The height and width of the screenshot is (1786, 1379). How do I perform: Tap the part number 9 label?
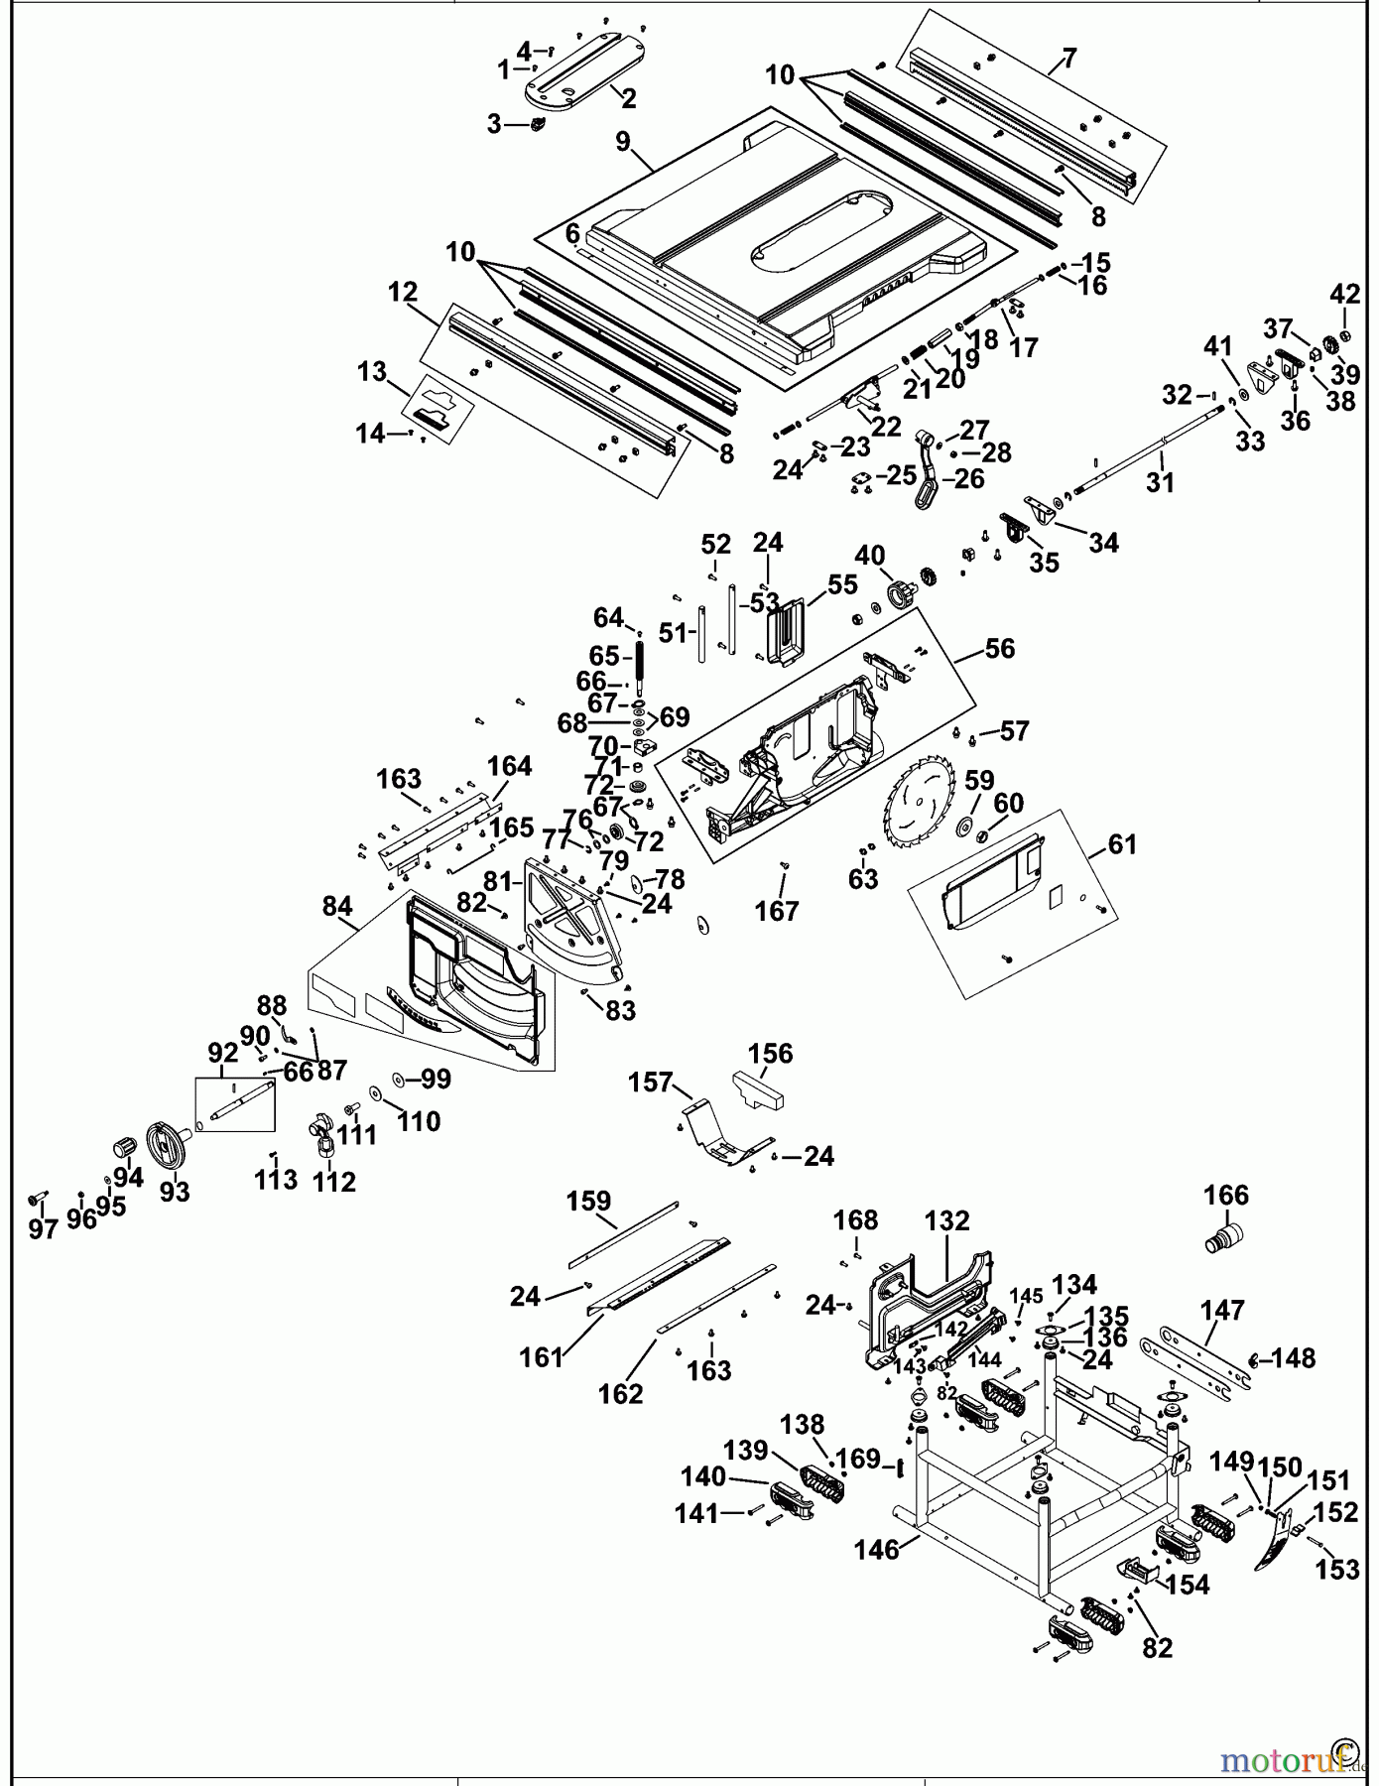point(623,142)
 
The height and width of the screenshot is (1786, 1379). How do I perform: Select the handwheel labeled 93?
point(165,1145)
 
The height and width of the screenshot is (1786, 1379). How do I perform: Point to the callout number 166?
point(1226,1195)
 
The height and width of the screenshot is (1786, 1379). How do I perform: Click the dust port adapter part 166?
point(1228,1238)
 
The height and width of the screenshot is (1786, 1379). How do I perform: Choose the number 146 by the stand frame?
point(877,1549)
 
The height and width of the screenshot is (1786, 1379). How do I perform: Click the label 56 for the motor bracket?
point(999,649)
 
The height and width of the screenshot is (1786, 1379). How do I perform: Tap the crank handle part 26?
point(928,484)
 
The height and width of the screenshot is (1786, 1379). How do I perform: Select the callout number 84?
point(337,907)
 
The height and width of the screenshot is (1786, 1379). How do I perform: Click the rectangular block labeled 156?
point(759,1090)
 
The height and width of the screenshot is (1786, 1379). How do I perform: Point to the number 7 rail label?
point(1068,59)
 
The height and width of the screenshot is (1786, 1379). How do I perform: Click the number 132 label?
point(946,1221)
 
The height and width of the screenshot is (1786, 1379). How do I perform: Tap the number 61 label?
point(1121,844)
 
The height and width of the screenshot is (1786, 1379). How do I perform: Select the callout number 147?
point(1221,1310)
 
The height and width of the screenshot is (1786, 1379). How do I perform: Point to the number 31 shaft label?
point(1160,483)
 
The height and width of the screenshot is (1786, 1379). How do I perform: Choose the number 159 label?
point(588,1202)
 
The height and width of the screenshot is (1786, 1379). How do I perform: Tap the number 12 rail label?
point(403,293)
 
